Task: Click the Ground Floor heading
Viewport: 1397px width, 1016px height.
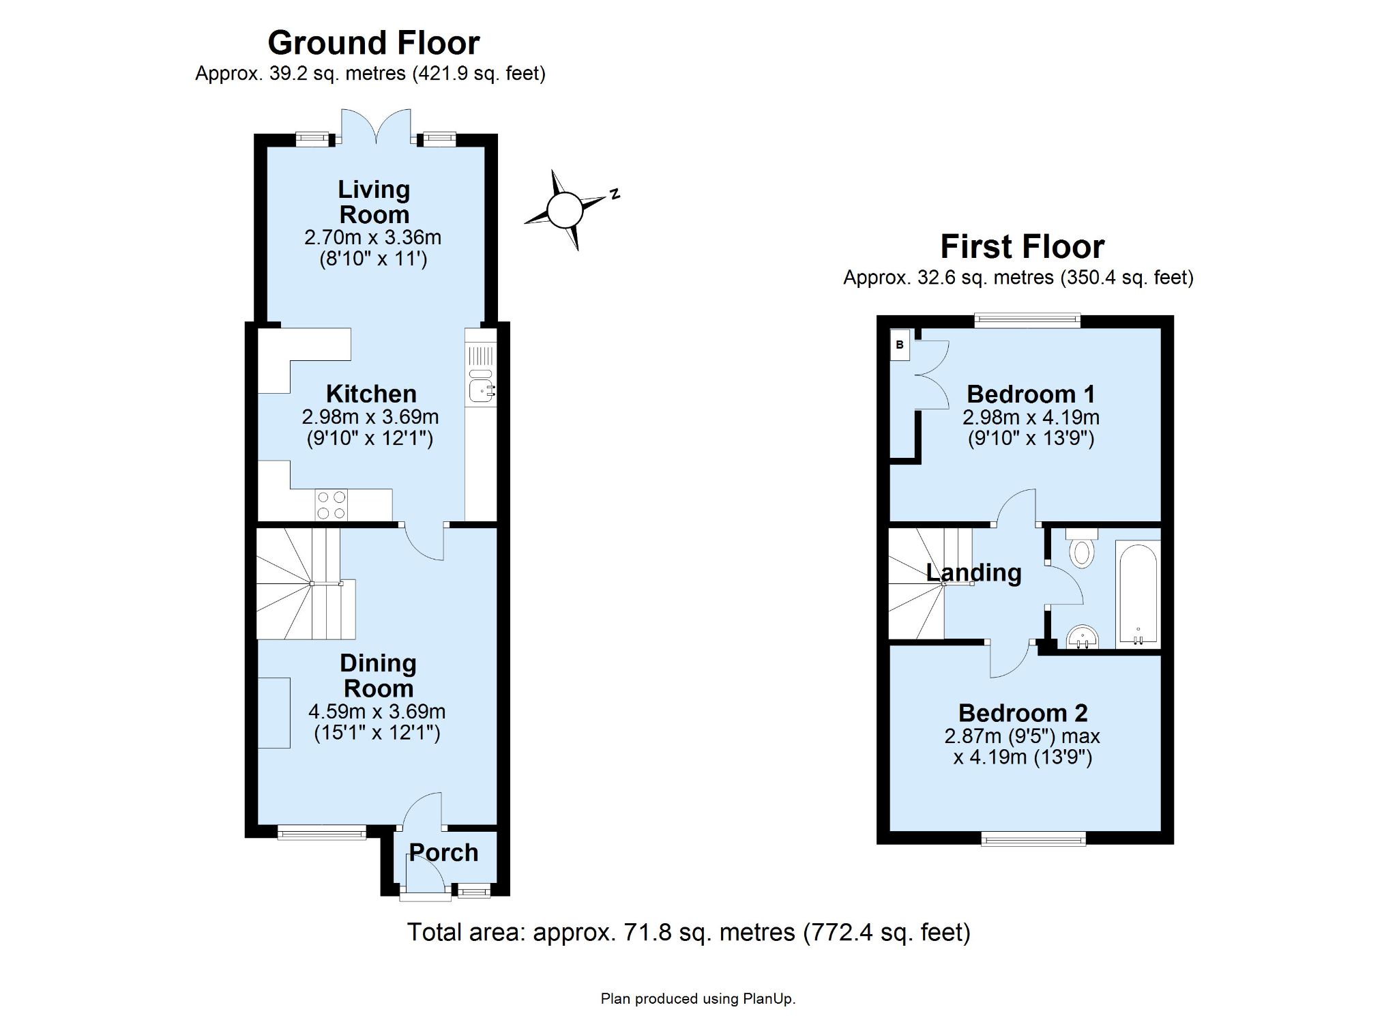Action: [373, 43]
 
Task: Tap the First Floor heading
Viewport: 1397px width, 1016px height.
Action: [1022, 247]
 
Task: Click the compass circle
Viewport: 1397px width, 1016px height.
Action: [565, 209]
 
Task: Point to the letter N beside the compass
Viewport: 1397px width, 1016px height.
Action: [615, 193]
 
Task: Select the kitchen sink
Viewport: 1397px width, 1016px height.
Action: [480, 390]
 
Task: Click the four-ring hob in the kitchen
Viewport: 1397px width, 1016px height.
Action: [331, 506]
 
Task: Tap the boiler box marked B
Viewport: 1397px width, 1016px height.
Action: [900, 345]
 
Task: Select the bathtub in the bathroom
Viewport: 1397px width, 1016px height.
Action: [1137, 593]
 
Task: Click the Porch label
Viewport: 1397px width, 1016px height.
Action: [443, 853]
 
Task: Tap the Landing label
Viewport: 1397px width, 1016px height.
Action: [973, 572]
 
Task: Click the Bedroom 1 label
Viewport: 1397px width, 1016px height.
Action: [1031, 394]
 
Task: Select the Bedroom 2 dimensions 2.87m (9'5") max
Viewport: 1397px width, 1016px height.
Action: [1022, 737]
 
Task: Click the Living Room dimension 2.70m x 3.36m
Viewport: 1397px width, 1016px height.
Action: [372, 237]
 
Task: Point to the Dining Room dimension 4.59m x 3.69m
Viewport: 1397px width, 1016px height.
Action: [377, 712]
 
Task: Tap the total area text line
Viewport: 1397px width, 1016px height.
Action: [688, 932]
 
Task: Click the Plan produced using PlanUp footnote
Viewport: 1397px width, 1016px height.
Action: [698, 999]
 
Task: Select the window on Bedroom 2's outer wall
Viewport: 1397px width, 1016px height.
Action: [1033, 839]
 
